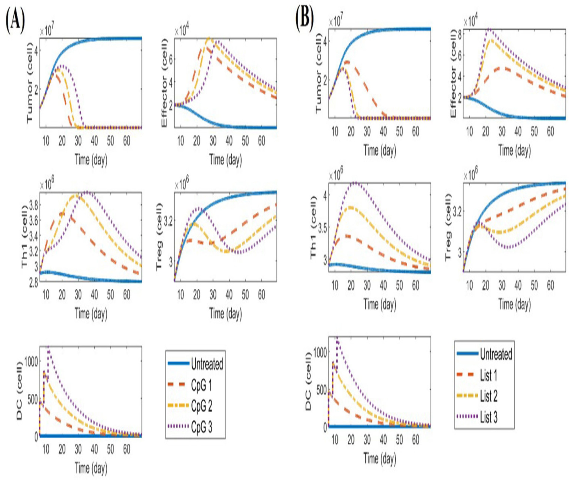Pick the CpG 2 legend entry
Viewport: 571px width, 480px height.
tap(202, 406)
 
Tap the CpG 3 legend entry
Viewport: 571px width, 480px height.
tap(202, 427)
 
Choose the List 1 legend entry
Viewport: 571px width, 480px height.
tap(489, 375)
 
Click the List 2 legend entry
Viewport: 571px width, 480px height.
tap(489, 396)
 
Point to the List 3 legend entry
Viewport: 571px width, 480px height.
tap(489, 417)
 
